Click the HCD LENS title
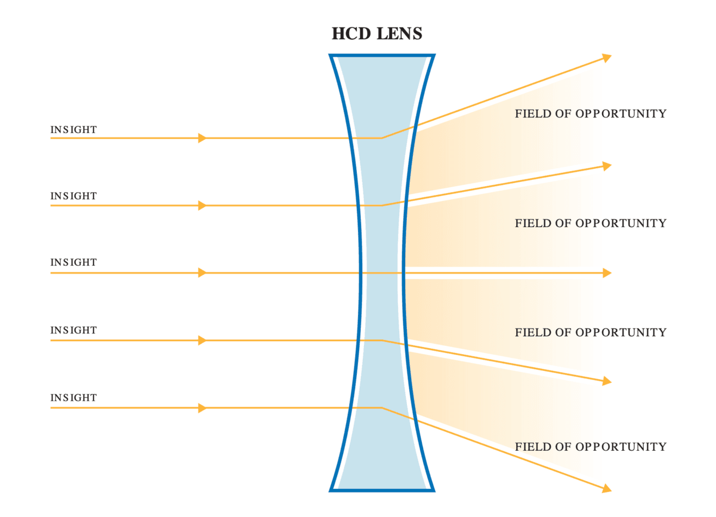(x=376, y=34)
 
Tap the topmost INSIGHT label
(x=73, y=129)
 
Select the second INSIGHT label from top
(x=73, y=196)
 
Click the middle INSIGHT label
(x=73, y=262)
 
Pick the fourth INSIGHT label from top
(x=73, y=330)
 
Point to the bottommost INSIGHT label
(x=73, y=398)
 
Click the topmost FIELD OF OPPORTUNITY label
(x=590, y=114)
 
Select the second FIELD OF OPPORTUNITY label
(x=590, y=224)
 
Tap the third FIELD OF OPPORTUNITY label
(x=590, y=332)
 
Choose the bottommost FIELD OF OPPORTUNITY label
(x=590, y=447)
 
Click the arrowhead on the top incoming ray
(x=202, y=138)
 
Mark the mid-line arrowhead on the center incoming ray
(x=202, y=273)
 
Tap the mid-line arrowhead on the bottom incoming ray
(x=202, y=408)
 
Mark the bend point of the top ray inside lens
(x=382, y=138)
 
